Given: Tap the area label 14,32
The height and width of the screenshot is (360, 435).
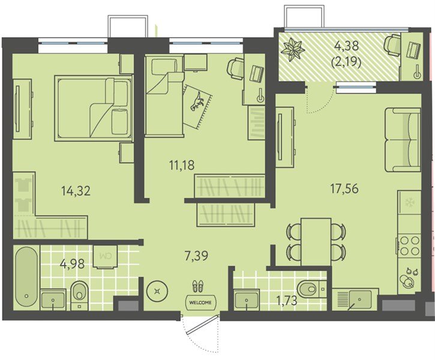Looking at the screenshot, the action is pyautogui.click(x=76, y=191).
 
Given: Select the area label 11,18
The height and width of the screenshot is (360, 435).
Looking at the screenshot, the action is pyautogui.click(x=182, y=166).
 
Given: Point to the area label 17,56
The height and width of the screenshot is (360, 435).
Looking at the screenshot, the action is pyautogui.click(x=344, y=189).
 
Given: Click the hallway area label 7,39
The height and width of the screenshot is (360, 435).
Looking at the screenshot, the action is pyautogui.click(x=196, y=256).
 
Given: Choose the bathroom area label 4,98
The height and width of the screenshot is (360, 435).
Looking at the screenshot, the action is pyautogui.click(x=72, y=264).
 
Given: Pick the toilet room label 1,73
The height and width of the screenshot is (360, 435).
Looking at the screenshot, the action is pyautogui.click(x=286, y=301).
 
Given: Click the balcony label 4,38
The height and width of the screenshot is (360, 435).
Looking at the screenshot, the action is pyautogui.click(x=347, y=46).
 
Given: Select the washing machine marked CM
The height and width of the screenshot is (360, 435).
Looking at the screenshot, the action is pyautogui.click(x=106, y=257).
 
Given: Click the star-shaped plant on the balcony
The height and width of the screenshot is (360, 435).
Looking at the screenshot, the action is pyautogui.click(x=293, y=49).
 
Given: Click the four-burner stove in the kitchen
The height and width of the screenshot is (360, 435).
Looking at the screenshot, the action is pyautogui.click(x=409, y=245).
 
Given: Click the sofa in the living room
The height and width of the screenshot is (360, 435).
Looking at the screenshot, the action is pyautogui.click(x=402, y=140).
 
